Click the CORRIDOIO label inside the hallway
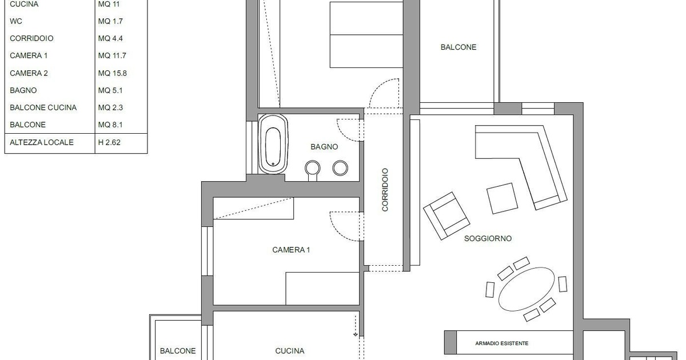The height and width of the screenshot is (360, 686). point(385,190)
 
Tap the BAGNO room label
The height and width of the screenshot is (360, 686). point(324,147)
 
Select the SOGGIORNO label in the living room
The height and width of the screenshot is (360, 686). point(488,238)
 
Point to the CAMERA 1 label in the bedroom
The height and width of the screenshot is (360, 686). point(291,250)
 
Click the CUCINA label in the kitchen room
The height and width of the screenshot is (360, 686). point(290,351)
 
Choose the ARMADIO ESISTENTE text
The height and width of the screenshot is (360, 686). point(502,343)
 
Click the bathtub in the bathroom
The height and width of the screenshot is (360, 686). point(273,144)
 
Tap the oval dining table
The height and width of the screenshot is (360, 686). point(526,289)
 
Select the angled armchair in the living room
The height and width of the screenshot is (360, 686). point(446,216)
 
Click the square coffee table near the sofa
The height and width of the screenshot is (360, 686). point(502,198)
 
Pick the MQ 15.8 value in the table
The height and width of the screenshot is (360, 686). point(113,73)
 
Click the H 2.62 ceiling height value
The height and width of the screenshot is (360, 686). point(109,142)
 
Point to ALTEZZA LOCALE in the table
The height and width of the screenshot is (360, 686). point(42,142)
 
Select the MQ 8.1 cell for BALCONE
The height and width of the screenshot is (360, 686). point(110,125)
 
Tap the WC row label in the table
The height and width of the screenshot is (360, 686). point(16,21)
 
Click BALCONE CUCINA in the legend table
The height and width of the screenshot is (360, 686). point(43,107)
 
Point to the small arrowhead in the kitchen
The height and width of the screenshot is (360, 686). point(355,335)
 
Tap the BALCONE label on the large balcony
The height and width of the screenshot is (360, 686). point(458,47)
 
